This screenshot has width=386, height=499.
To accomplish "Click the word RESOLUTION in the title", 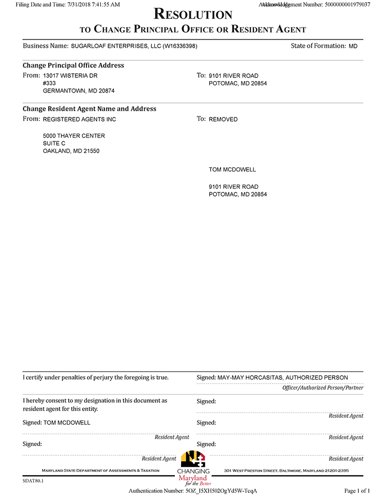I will click(193, 14).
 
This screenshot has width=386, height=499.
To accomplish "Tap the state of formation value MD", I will click(353, 46).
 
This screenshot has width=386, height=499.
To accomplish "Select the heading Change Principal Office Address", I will click(73, 65).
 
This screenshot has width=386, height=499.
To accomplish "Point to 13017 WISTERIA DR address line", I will click(70, 76).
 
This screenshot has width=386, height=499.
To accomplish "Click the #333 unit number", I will click(49, 83).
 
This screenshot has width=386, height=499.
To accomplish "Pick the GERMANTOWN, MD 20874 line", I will click(79, 91).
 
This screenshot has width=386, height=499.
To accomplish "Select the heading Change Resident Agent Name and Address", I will click(89, 109).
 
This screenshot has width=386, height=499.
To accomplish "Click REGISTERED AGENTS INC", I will click(80, 120).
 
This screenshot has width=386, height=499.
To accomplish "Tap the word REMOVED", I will click(223, 120).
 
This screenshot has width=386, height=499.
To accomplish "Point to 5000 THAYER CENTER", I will click(74, 136).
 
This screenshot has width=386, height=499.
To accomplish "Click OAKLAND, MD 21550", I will click(71, 151).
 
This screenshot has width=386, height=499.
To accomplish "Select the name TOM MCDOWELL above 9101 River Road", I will click(233, 170).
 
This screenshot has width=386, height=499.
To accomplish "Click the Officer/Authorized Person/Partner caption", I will click(323, 388).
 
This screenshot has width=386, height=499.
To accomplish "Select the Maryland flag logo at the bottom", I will click(193, 459).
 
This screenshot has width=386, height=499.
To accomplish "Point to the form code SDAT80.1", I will click(33, 481).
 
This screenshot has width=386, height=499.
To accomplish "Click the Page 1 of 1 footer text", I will click(357, 491).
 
